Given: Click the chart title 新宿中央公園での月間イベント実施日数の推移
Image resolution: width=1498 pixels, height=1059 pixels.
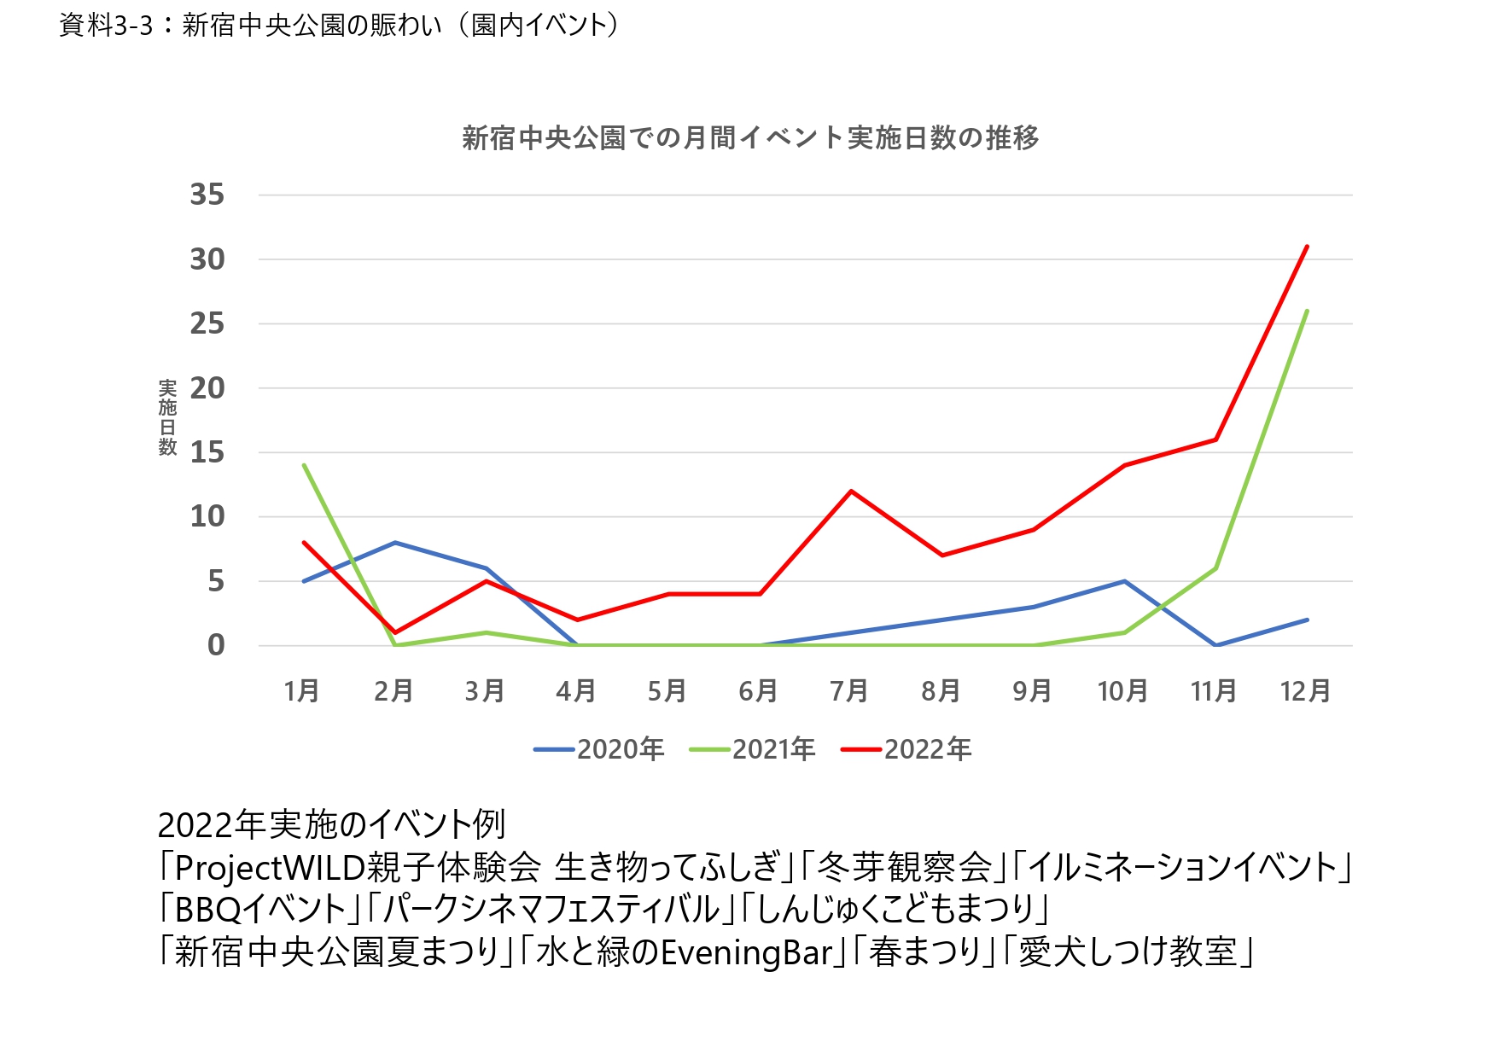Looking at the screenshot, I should coord(750,137).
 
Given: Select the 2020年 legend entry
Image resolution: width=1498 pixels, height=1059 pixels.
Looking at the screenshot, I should coord(599,749).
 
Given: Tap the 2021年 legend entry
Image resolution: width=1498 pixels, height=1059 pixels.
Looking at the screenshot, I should coord(753,749).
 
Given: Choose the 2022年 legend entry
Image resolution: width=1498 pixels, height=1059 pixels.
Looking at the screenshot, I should coord(906,749).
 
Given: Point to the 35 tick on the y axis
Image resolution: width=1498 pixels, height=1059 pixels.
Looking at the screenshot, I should coord(207,195).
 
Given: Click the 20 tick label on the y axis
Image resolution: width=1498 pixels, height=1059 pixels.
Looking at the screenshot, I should coord(207,388).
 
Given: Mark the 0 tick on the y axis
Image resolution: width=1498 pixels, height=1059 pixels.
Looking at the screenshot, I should coord(216,645).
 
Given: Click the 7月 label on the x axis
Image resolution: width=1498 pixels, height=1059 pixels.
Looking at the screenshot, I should coord(849,690).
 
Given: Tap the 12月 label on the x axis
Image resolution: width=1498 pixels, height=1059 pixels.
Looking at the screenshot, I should coord(1305,690).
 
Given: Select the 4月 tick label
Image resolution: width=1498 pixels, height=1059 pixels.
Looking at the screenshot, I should coord(575,690).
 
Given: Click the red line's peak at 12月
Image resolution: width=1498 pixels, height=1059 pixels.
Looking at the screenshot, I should coord(1307,247).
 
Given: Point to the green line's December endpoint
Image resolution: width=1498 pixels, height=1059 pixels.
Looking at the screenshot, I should coord(1307,311).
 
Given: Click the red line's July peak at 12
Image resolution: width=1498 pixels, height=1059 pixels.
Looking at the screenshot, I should coord(851,491).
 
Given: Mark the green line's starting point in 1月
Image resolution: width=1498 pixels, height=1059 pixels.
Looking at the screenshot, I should coord(304,465).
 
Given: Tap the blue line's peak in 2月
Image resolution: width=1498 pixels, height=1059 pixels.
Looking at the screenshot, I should coord(395,542).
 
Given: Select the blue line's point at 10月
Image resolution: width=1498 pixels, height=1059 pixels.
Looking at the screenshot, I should coord(1124,581).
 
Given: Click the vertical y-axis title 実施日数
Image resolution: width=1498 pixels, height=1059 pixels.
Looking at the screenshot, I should coord(167,418).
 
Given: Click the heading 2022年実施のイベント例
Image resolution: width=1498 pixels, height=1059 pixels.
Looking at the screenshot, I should coord(331,824).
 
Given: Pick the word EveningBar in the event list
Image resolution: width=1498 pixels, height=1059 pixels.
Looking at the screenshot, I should coord(746,952).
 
